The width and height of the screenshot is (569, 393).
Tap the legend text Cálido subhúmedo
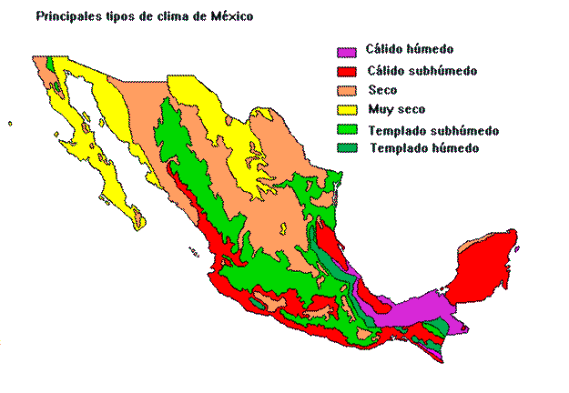421,70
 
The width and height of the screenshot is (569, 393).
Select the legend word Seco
383,89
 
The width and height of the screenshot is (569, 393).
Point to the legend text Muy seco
397,109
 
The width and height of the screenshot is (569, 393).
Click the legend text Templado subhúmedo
433,130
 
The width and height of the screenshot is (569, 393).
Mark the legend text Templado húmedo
424,147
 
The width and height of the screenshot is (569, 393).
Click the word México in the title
230,16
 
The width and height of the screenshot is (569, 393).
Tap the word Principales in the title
66,16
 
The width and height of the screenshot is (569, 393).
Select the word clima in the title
169,16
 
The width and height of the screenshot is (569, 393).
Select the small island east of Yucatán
516,247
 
